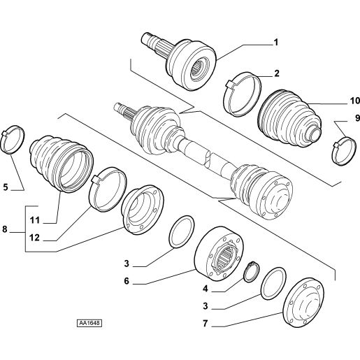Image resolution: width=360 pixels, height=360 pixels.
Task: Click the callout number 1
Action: click(x=275, y=43)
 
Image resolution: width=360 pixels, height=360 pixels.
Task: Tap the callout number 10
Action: click(x=354, y=101)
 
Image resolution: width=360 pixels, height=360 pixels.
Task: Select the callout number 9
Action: click(x=357, y=118)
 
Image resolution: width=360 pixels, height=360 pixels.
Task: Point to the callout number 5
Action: click(x=6, y=187)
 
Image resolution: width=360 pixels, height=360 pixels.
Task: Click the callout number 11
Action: click(x=35, y=220)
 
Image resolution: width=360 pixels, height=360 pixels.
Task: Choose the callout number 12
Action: click(x=34, y=238)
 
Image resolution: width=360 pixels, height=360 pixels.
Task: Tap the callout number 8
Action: click(x=5, y=229)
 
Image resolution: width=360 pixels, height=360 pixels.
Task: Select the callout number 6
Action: click(x=127, y=281)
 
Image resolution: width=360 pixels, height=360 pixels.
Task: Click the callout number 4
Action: click(x=205, y=289)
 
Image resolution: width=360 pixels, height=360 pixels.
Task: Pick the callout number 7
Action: click(x=205, y=324)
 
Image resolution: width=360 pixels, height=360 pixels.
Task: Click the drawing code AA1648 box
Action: click(x=89, y=323)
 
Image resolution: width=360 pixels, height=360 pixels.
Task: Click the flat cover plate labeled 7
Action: click(x=303, y=303)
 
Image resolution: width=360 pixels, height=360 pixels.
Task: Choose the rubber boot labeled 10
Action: click(x=290, y=118)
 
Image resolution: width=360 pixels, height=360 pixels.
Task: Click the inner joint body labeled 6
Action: click(x=219, y=254)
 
